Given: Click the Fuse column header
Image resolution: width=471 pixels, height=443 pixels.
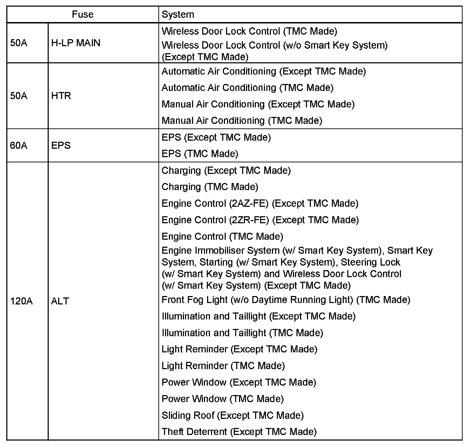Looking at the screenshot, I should click(x=83, y=15).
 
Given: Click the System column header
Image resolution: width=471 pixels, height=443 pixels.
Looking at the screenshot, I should click(x=178, y=15).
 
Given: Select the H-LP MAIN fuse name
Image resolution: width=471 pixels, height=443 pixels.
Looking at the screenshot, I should click(x=76, y=43).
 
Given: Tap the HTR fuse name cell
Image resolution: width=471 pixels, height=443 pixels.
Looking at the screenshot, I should click(x=61, y=96).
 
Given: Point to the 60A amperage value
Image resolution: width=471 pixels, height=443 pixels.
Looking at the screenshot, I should click(x=19, y=146).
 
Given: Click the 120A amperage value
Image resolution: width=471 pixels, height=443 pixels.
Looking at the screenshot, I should click(x=21, y=301).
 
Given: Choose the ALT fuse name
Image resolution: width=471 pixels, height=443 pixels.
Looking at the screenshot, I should click(x=60, y=301).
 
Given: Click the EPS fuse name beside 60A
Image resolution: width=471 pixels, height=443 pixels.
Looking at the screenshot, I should click(x=61, y=146).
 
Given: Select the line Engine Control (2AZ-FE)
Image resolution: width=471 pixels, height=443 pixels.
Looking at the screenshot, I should click(x=260, y=203).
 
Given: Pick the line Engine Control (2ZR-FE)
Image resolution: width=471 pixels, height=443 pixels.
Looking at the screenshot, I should click(x=260, y=220).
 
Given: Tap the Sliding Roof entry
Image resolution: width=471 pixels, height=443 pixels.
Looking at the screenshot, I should click(x=232, y=415).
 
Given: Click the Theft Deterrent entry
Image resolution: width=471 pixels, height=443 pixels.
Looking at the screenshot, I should click(x=239, y=432).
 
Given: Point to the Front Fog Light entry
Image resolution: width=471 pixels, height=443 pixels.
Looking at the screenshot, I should click(x=286, y=300).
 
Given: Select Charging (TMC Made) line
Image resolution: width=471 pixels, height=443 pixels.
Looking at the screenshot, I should click(x=210, y=187).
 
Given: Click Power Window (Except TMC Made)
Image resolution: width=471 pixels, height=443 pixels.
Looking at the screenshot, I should click(x=239, y=382).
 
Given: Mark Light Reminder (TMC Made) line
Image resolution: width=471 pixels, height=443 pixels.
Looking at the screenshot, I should click(x=223, y=366).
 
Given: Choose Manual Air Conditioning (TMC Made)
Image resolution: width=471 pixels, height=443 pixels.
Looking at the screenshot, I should click(x=242, y=121).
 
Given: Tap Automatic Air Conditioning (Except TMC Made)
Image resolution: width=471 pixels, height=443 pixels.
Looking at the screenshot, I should click(x=264, y=71).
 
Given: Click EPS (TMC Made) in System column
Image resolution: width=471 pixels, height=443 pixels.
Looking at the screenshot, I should click(x=200, y=154).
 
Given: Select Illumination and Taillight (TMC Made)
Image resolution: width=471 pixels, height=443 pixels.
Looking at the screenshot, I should click(x=242, y=333).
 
